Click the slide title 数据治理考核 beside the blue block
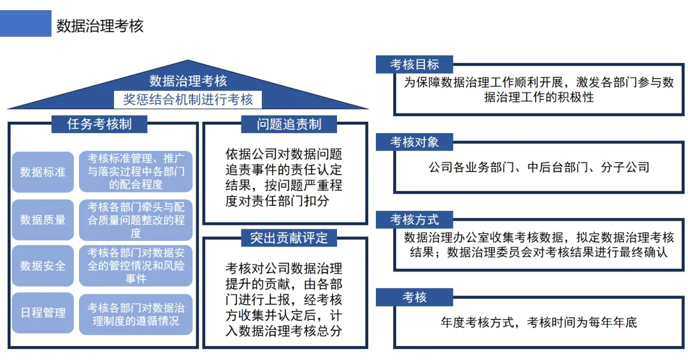(x=100, y=25)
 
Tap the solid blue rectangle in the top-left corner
(x=25, y=24)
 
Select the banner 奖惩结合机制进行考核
(x=188, y=99)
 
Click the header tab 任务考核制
(x=99, y=124)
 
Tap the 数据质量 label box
(x=43, y=220)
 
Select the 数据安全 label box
(x=43, y=266)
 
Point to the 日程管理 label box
(x=43, y=313)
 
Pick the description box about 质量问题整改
(x=136, y=220)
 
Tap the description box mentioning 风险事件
(x=136, y=266)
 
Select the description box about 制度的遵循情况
(x=136, y=313)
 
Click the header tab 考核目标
(x=415, y=64)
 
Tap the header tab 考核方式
(x=415, y=220)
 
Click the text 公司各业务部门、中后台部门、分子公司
(x=539, y=168)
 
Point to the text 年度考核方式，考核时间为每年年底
(x=539, y=322)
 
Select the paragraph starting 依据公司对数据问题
(x=284, y=178)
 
